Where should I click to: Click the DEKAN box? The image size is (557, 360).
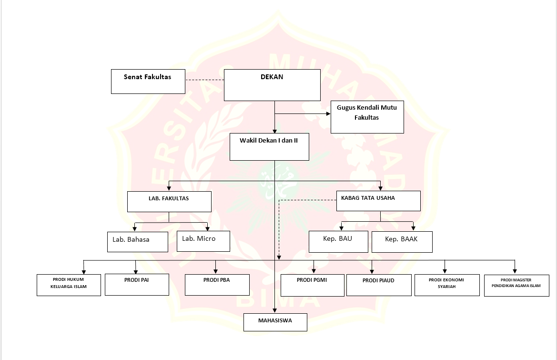pyautogui.click(x=272, y=85)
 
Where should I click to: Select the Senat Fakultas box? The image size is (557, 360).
pyautogui.click(x=148, y=81)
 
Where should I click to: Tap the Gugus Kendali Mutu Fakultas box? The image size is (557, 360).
pyautogui.click(x=367, y=117)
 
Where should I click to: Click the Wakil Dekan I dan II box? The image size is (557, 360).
pyautogui.click(x=269, y=146)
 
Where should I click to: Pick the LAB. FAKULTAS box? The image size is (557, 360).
pyautogui.click(x=169, y=202)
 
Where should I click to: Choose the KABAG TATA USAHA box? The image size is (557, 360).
pyautogui.click(x=378, y=201)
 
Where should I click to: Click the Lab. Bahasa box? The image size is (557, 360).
pyautogui.click(x=137, y=242)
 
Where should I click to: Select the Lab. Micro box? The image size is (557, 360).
pyautogui.click(x=203, y=241)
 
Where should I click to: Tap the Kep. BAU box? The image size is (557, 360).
pyautogui.click(x=338, y=241)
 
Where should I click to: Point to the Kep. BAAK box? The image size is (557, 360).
pyautogui.click(x=402, y=242)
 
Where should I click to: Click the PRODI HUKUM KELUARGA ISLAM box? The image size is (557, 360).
pyautogui.click(x=69, y=285)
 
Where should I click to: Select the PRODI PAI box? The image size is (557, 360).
pyautogui.click(x=137, y=284)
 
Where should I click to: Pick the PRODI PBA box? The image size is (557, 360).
pyautogui.click(x=217, y=285)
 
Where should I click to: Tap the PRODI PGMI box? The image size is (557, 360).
pyautogui.click(x=312, y=285)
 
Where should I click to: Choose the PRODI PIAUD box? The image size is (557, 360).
pyautogui.click(x=379, y=285)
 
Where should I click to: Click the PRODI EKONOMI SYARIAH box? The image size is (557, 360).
pyautogui.click(x=447, y=285)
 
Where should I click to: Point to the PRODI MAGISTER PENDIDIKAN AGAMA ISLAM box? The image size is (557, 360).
pyautogui.click(x=516, y=285)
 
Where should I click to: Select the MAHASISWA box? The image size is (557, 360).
pyautogui.click(x=275, y=322)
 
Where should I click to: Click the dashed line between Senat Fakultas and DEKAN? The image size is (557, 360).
pyautogui.click(x=204, y=80)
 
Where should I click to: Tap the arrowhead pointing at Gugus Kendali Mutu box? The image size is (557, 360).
pyautogui.click(x=328, y=114)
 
